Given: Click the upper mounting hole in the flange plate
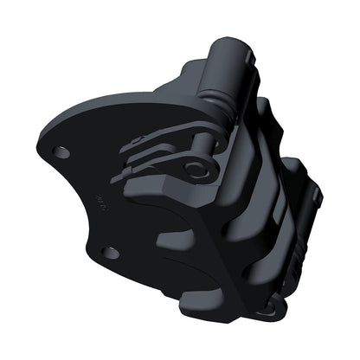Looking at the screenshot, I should [x=61, y=151].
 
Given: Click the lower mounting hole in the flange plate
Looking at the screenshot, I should [x=110, y=252].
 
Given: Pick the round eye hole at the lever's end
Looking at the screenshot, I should [x=202, y=170].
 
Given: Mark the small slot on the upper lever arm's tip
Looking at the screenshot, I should [x=138, y=144].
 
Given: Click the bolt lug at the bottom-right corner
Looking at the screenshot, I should [x=275, y=304].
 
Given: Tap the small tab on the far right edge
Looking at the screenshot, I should [x=318, y=197].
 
